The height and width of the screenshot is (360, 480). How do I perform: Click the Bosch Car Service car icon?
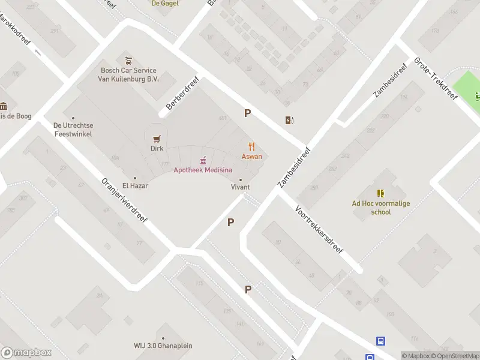point(128,61)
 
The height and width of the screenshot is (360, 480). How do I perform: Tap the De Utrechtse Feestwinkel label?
point(73,130)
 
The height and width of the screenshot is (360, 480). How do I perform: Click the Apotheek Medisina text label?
point(203,170)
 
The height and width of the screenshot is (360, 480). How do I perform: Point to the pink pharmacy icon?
point(203,160)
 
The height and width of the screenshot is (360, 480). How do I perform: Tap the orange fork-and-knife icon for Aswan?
point(252,146)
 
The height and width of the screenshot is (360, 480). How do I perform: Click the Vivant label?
point(241,187)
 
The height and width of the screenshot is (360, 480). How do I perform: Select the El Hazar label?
point(135,185)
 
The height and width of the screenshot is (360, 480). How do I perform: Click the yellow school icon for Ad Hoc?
point(380,193)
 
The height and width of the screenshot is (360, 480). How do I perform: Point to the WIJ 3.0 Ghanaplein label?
point(163,345)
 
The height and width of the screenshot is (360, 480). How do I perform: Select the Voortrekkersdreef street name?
point(319,229)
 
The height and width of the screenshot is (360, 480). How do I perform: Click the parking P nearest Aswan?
point(247,113)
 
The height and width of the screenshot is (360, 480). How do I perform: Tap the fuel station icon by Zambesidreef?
point(290,120)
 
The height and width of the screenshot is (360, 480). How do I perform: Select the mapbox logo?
point(26,353)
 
